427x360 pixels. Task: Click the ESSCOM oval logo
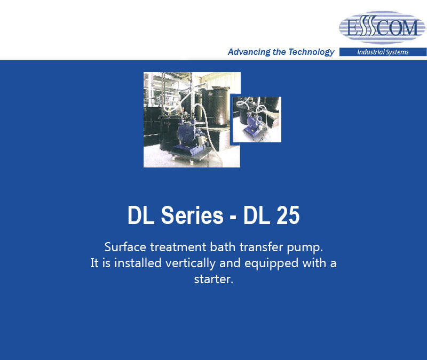[x=382, y=27]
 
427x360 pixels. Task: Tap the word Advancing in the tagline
[x=249, y=52]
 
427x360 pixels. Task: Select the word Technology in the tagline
[x=311, y=52]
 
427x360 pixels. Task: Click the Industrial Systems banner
[x=383, y=52]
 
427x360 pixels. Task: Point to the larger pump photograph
[x=192, y=119]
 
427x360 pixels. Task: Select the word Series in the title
[x=192, y=215]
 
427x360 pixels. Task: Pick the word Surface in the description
[x=125, y=247]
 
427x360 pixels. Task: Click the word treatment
[x=178, y=247]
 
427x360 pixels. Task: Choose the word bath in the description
[x=223, y=247]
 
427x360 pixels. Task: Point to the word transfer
[x=261, y=247]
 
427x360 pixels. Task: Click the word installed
[x=138, y=263]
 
